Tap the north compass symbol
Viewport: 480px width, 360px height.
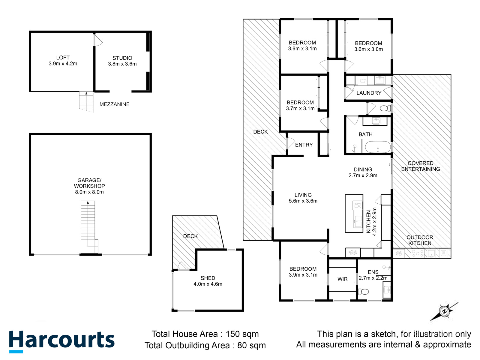click(x=444, y=311)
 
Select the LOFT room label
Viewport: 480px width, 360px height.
click(x=63, y=58)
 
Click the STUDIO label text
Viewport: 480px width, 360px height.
click(x=122, y=58)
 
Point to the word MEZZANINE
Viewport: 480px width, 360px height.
click(x=114, y=104)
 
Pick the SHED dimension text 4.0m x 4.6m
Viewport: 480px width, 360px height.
click(x=208, y=284)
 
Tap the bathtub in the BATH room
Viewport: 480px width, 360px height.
click(x=378, y=147)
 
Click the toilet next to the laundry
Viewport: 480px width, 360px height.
click(x=385, y=108)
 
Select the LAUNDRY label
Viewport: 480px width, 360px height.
click(x=369, y=93)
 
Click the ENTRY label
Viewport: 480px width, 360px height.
click(x=304, y=145)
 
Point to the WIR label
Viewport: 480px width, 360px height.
click(x=342, y=279)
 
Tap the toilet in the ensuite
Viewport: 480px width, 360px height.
click(x=363, y=291)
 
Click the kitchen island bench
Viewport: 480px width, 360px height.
click(x=354, y=213)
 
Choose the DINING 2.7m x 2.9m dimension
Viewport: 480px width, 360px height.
click(x=363, y=175)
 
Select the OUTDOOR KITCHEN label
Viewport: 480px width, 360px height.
click(x=420, y=240)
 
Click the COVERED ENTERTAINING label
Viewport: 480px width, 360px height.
click(x=420, y=166)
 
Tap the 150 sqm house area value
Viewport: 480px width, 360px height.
click(x=242, y=334)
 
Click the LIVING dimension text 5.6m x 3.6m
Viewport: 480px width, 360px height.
click(x=303, y=201)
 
